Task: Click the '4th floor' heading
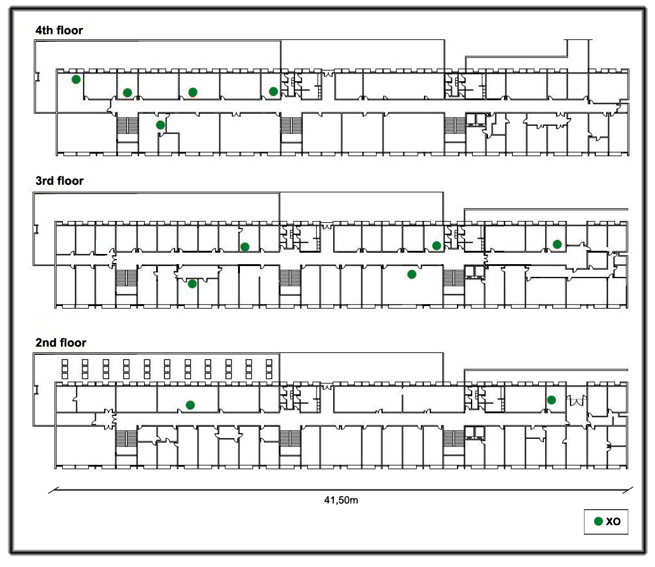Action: [59, 30]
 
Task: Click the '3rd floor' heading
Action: [59, 181]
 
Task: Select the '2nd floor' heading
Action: [60, 343]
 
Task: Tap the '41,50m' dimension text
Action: [341, 500]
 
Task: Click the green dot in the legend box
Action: [598, 521]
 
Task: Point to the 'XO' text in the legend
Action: [613, 522]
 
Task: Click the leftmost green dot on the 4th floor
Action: [76, 79]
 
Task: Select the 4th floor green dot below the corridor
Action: [161, 125]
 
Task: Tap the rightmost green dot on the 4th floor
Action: [273, 91]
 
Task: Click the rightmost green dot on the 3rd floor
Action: [557, 244]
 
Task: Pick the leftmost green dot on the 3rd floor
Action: [192, 284]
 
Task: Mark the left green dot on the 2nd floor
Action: [190, 404]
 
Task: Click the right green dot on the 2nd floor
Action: [552, 400]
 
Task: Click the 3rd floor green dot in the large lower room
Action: [412, 274]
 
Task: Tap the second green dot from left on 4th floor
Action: [128, 93]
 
